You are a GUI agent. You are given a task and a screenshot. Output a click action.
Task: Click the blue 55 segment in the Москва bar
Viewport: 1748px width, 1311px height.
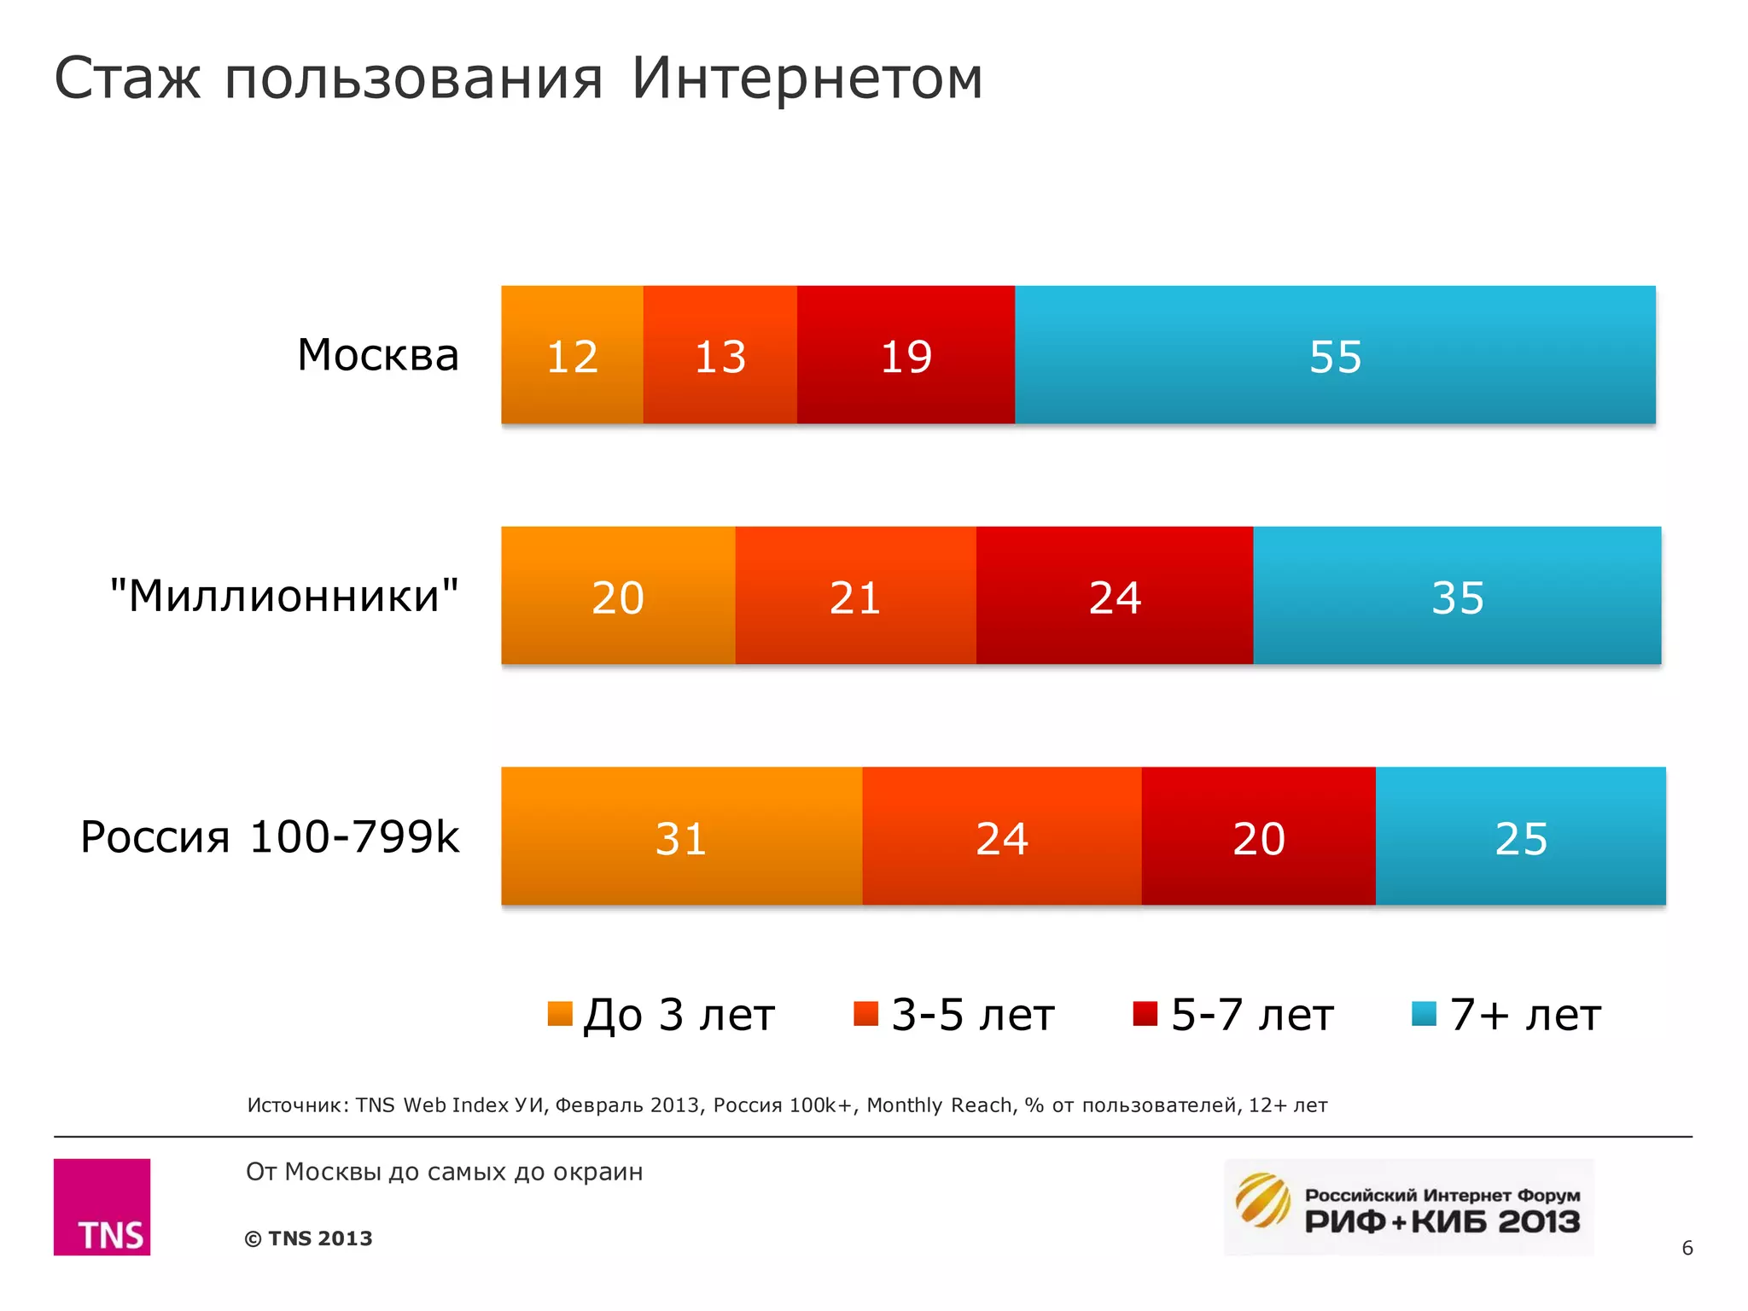click(x=1335, y=355)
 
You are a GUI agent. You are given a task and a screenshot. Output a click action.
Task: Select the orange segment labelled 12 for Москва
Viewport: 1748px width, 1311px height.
click(x=572, y=355)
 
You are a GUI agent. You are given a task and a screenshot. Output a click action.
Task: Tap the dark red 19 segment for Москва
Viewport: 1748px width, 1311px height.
click(x=906, y=355)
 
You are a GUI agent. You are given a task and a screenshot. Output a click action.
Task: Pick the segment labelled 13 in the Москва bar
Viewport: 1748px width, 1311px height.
click(x=720, y=355)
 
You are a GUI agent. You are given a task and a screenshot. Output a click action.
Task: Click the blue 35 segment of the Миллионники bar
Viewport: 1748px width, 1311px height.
click(x=1457, y=596)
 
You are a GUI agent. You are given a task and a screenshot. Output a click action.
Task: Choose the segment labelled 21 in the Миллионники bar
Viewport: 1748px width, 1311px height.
click(x=855, y=596)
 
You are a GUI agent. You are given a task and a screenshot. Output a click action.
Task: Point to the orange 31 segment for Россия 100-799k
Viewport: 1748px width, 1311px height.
click(x=681, y=836)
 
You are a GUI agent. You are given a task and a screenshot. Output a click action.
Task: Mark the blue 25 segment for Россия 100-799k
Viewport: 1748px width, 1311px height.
click(x=1520, y=836)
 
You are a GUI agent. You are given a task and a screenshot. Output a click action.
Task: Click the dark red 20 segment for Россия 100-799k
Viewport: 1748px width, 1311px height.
click(x=1258, y=836)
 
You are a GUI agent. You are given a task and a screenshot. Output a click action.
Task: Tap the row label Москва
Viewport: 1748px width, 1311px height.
click(x=378, y=355)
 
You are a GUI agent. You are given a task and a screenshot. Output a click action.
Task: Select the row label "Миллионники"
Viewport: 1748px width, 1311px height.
click(x=284, y=596)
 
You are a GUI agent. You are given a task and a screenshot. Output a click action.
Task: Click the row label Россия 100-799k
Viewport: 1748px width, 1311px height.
click(x=270, y=836)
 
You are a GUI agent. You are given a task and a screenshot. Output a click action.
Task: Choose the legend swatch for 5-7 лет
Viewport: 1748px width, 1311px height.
click(x=1145, y=1013)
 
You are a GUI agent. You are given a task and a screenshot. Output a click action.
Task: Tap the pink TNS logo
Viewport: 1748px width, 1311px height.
click(x=102, y=1207)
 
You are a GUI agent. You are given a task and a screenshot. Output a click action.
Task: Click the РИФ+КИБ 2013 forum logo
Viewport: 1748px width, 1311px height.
click(x=1408, y=1207)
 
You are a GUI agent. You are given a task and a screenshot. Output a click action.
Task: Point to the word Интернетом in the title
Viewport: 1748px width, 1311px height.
click(x=807, y=79)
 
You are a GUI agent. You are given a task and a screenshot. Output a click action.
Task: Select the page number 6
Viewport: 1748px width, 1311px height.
click(x=1687, y=1248)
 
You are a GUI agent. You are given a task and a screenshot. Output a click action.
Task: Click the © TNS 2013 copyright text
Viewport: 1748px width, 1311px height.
click(x=309, y=1238)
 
